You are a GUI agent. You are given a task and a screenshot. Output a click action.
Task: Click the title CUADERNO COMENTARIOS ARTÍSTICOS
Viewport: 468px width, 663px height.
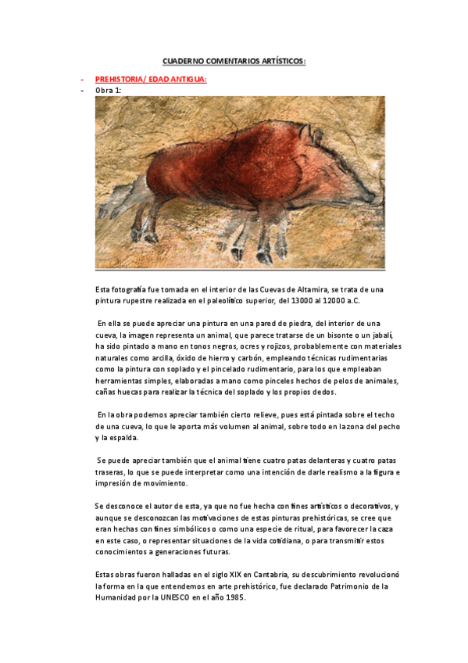tap(234, 60)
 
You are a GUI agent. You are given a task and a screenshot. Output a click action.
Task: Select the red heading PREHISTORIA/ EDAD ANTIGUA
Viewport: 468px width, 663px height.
tap(151, 79)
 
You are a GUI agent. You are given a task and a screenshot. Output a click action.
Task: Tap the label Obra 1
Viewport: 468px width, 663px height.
tap(108, 90)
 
